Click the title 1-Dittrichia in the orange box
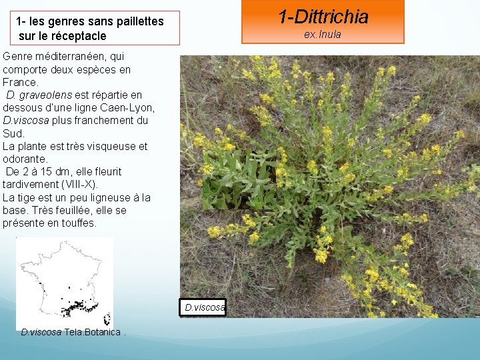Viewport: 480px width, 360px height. [323, 17]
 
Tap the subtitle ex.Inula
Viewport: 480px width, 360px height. [323, 35]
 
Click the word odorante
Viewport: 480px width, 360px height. [25, 159]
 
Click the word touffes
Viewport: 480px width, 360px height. [78, 223]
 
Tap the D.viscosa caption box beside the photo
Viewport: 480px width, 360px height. [204, 307]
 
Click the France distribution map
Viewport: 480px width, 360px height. [65, 283]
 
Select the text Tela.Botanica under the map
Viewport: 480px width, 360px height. [93, 332]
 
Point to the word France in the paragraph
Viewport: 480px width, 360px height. [20, 83]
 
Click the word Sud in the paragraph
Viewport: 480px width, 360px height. [13, 133]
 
